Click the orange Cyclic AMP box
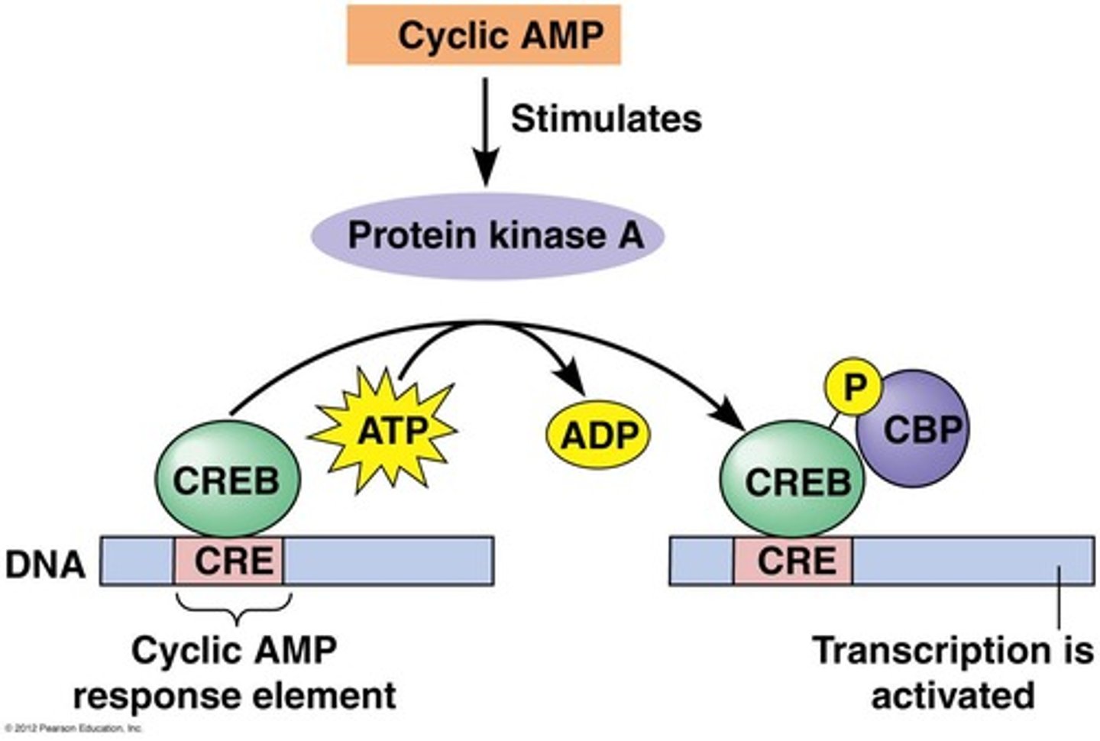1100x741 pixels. click(484, 35)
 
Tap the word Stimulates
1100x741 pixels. click(606, 119)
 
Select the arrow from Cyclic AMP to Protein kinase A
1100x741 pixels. click(486, 130)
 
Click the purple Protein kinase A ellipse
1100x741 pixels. click(487, 235)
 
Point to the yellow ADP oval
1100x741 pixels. click(598, 435)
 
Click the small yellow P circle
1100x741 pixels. click(853, 387)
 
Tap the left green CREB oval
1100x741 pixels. click(228, 481)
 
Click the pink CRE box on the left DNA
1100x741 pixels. click(230, 561)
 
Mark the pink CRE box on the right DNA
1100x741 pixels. click(793, 561)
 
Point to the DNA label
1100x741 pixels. click(45, 565)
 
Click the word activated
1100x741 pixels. click(953, 696)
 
